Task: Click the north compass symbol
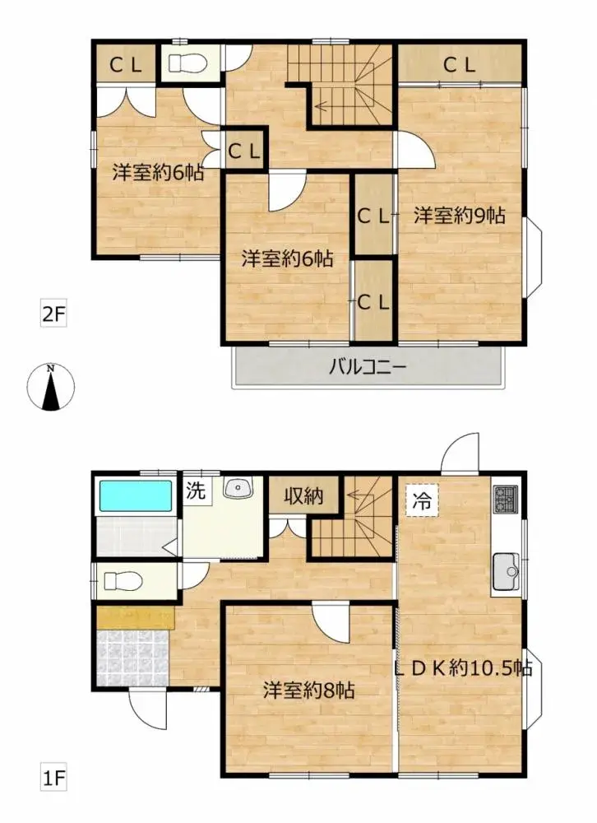click(x=51, y=386)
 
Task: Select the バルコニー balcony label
click(x=368, y=367)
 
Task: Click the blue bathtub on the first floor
click(x=136, y=496)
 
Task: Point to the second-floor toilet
click(x=187, y=63)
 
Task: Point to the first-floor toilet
click(x=124, y=581)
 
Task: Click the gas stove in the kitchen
click(x=503, y=498)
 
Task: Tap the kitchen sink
click(x=504, y=567)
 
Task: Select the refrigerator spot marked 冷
click(x=421, y=501)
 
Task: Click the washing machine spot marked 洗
click(x=195, y=491)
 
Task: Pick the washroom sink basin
click(x=239, y=489)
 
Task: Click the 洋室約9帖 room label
click(x=459, y=216)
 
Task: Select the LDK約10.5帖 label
click(x=463, y=668)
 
